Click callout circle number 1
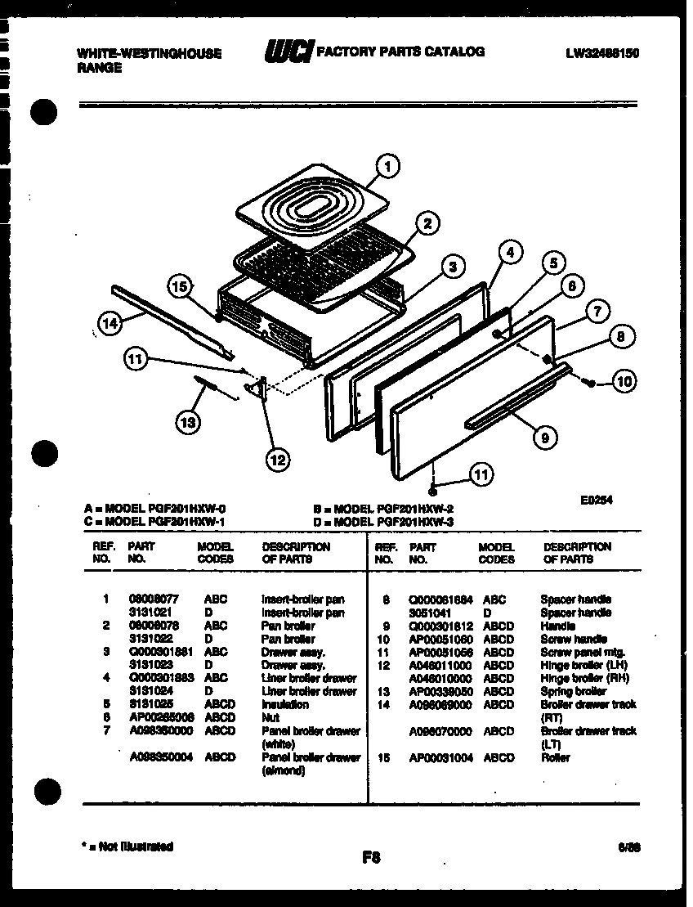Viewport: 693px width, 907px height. (x=387, y=167)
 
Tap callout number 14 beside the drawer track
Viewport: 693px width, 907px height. (x=109, y=324)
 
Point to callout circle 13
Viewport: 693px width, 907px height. (x=188, y=422)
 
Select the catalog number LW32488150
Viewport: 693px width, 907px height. (x=601, y=53)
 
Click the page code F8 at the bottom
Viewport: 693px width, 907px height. (x=371, y=857)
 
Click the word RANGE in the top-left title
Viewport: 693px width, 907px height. (x=99, y=69)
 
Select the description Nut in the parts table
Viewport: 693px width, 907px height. (x=270, y=717)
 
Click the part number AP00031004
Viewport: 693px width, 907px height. (x=441, y=757)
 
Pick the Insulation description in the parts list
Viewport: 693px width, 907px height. (x=284, y=704)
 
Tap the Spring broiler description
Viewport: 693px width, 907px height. (x=573, y=691)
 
